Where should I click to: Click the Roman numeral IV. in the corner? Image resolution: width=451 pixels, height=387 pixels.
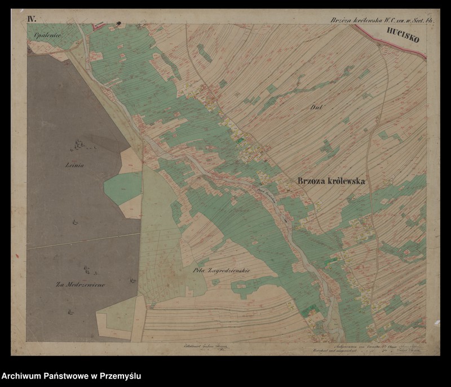coord(32,19)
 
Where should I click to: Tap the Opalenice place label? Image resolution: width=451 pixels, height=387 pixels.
coord(47,34)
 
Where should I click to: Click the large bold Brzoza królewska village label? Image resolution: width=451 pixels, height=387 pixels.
coord(330,181)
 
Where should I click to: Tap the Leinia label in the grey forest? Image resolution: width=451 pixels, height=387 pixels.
coord(74,166)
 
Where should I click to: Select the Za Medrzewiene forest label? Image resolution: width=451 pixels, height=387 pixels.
coord(80,284)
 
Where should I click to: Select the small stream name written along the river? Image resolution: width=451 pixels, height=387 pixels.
coord(266,194)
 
